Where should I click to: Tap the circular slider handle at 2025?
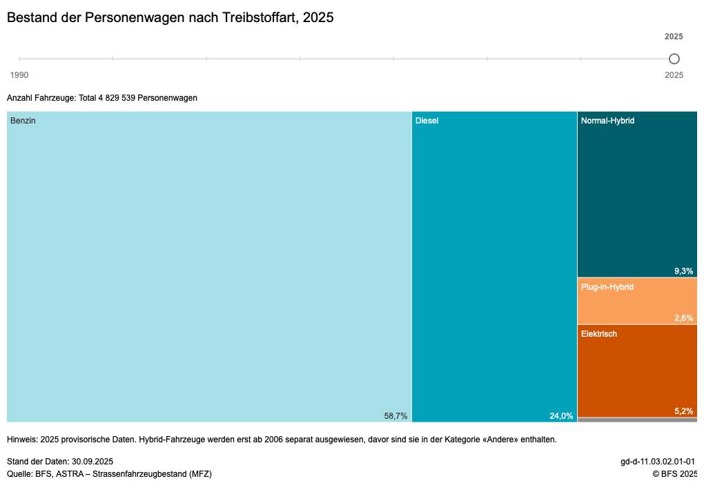(x=674, y=59)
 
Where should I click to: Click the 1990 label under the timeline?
(x=19, y=75)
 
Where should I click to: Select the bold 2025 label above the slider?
(x=674, y=37)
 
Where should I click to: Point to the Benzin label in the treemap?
(x=23, y=121)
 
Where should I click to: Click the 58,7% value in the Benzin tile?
(x=395, y=415)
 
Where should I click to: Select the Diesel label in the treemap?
(x=427, y=121)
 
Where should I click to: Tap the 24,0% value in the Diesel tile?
(x=561, y=415)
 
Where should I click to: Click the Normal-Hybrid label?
(x=607, y=121)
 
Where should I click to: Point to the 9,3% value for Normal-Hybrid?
(x=683, y=271)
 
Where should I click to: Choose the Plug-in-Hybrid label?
(x=607, y=287)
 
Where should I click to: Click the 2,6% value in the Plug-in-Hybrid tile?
(x=683, y=318)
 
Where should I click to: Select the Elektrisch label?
(x=598, y=334)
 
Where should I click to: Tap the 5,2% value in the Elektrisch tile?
(x=683, y=411)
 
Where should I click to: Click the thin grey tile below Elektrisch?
(x=636, y=420)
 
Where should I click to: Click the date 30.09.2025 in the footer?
(x=92, y=462)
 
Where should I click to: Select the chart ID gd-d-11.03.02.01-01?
(x=657, y=462)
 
